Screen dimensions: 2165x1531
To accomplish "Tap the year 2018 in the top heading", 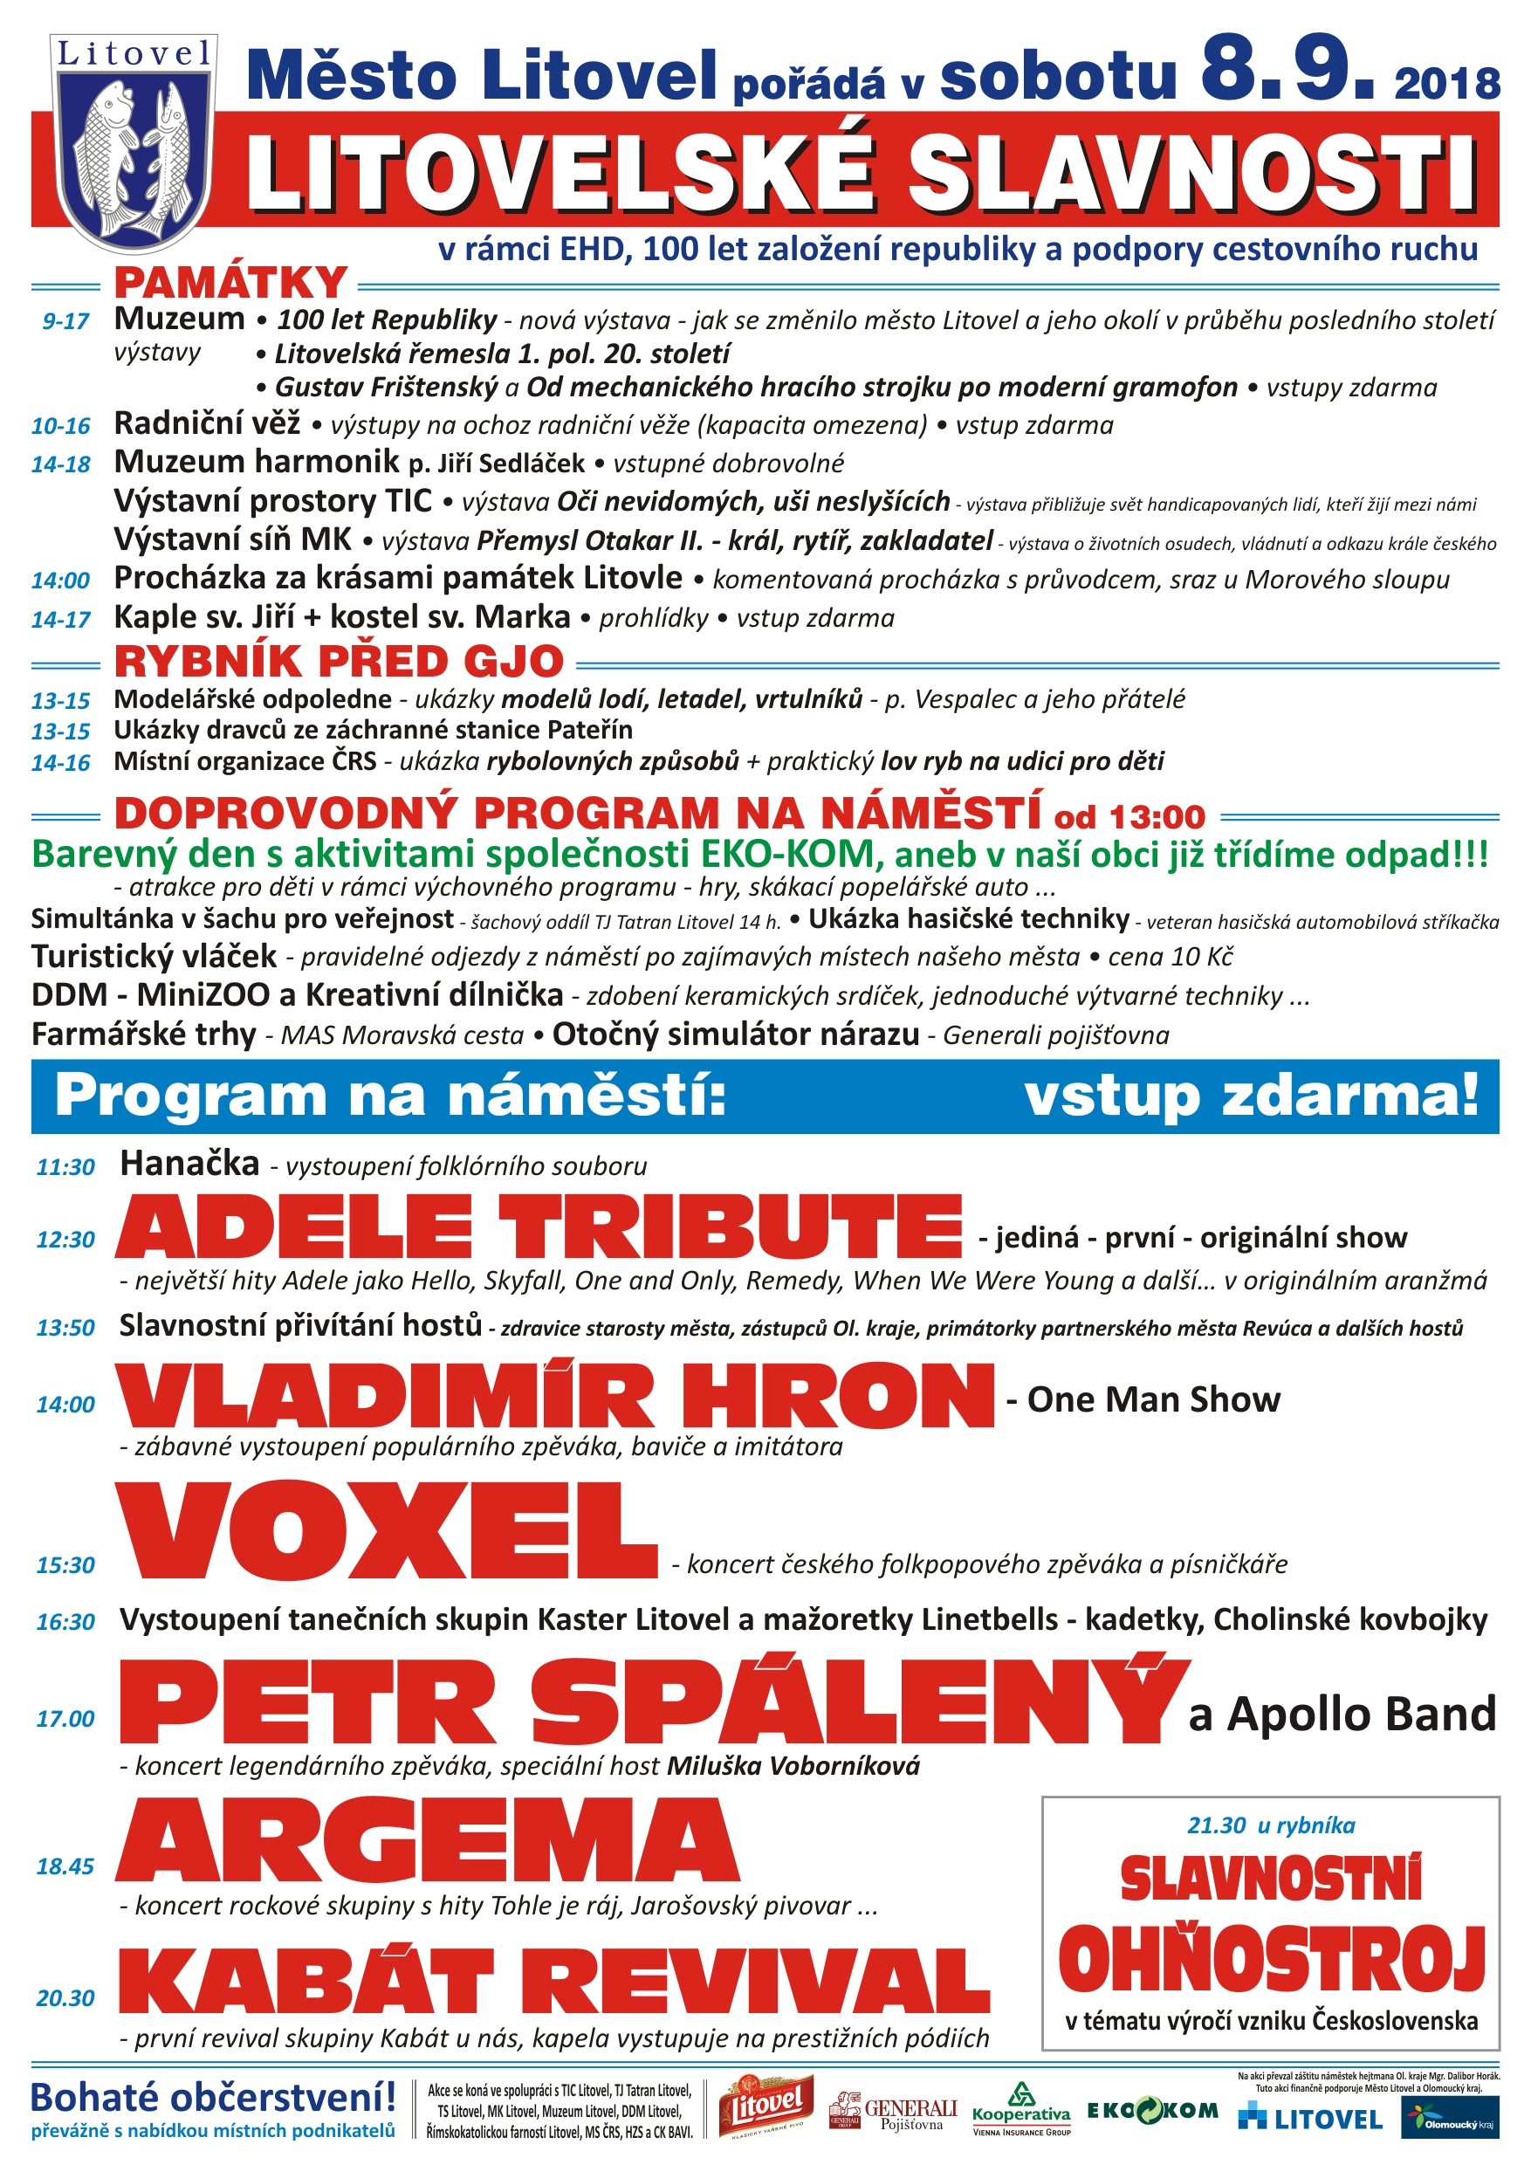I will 1446,85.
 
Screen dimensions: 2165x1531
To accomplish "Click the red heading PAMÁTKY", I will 231,283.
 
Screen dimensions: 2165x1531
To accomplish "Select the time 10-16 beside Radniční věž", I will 60,426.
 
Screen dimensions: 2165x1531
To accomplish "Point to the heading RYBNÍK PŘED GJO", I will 339,661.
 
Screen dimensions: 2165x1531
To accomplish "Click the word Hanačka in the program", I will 189,1164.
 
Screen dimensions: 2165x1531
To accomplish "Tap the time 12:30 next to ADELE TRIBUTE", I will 65,1239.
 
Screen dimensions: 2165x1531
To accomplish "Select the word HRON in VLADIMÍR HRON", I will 838,1397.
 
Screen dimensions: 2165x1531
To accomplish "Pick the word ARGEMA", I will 428,1839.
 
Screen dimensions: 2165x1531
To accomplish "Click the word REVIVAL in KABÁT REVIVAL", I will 767,1982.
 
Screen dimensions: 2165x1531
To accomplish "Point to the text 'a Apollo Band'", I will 1342,1715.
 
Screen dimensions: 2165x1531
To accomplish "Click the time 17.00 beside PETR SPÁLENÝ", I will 65,1719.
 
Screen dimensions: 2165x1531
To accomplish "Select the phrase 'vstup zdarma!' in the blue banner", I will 1251,1096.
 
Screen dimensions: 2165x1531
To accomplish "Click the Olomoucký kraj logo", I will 1450,2121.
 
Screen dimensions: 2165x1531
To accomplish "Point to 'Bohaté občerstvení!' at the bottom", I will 214,2097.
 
